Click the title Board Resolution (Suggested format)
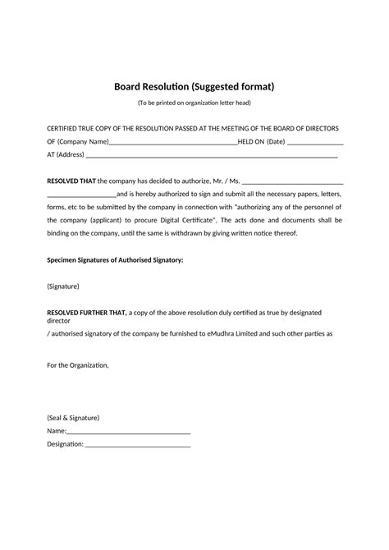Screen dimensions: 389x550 click(194, 86)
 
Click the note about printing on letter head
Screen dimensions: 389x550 click(194, 103)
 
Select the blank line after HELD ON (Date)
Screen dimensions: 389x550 click(315, 142)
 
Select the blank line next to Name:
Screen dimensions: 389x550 click(128, 431)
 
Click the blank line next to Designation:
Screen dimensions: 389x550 click(138, 444)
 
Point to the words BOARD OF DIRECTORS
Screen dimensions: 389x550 click(306, 129)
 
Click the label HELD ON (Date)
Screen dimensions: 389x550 click(261, 141)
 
